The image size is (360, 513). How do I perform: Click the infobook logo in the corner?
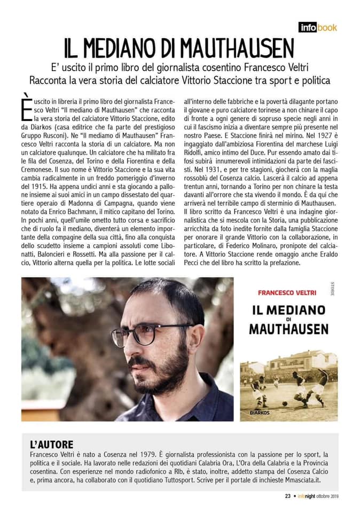[318, 27]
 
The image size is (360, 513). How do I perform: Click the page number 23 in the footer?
[287, 495]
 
